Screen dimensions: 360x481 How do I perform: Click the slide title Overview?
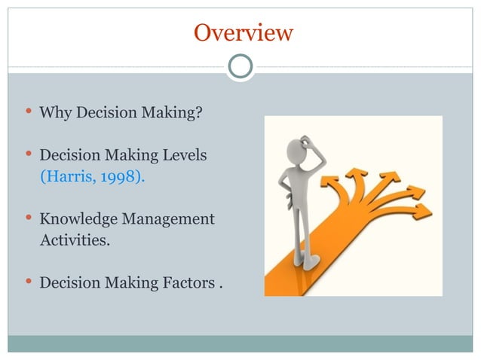[x=243, y=33]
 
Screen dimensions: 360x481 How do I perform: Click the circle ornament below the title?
[x=240, y=66]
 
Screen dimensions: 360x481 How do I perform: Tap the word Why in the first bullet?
[x=54, y=114]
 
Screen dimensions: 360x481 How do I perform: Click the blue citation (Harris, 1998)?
[x=93, y=177]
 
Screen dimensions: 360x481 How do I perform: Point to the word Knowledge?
[x=75, y=219]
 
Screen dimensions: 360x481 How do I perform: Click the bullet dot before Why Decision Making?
[x=28, y=113]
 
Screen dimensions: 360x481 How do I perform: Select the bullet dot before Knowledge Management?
[x=28, y=218]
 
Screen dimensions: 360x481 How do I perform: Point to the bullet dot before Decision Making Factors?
[x=28, y=282]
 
